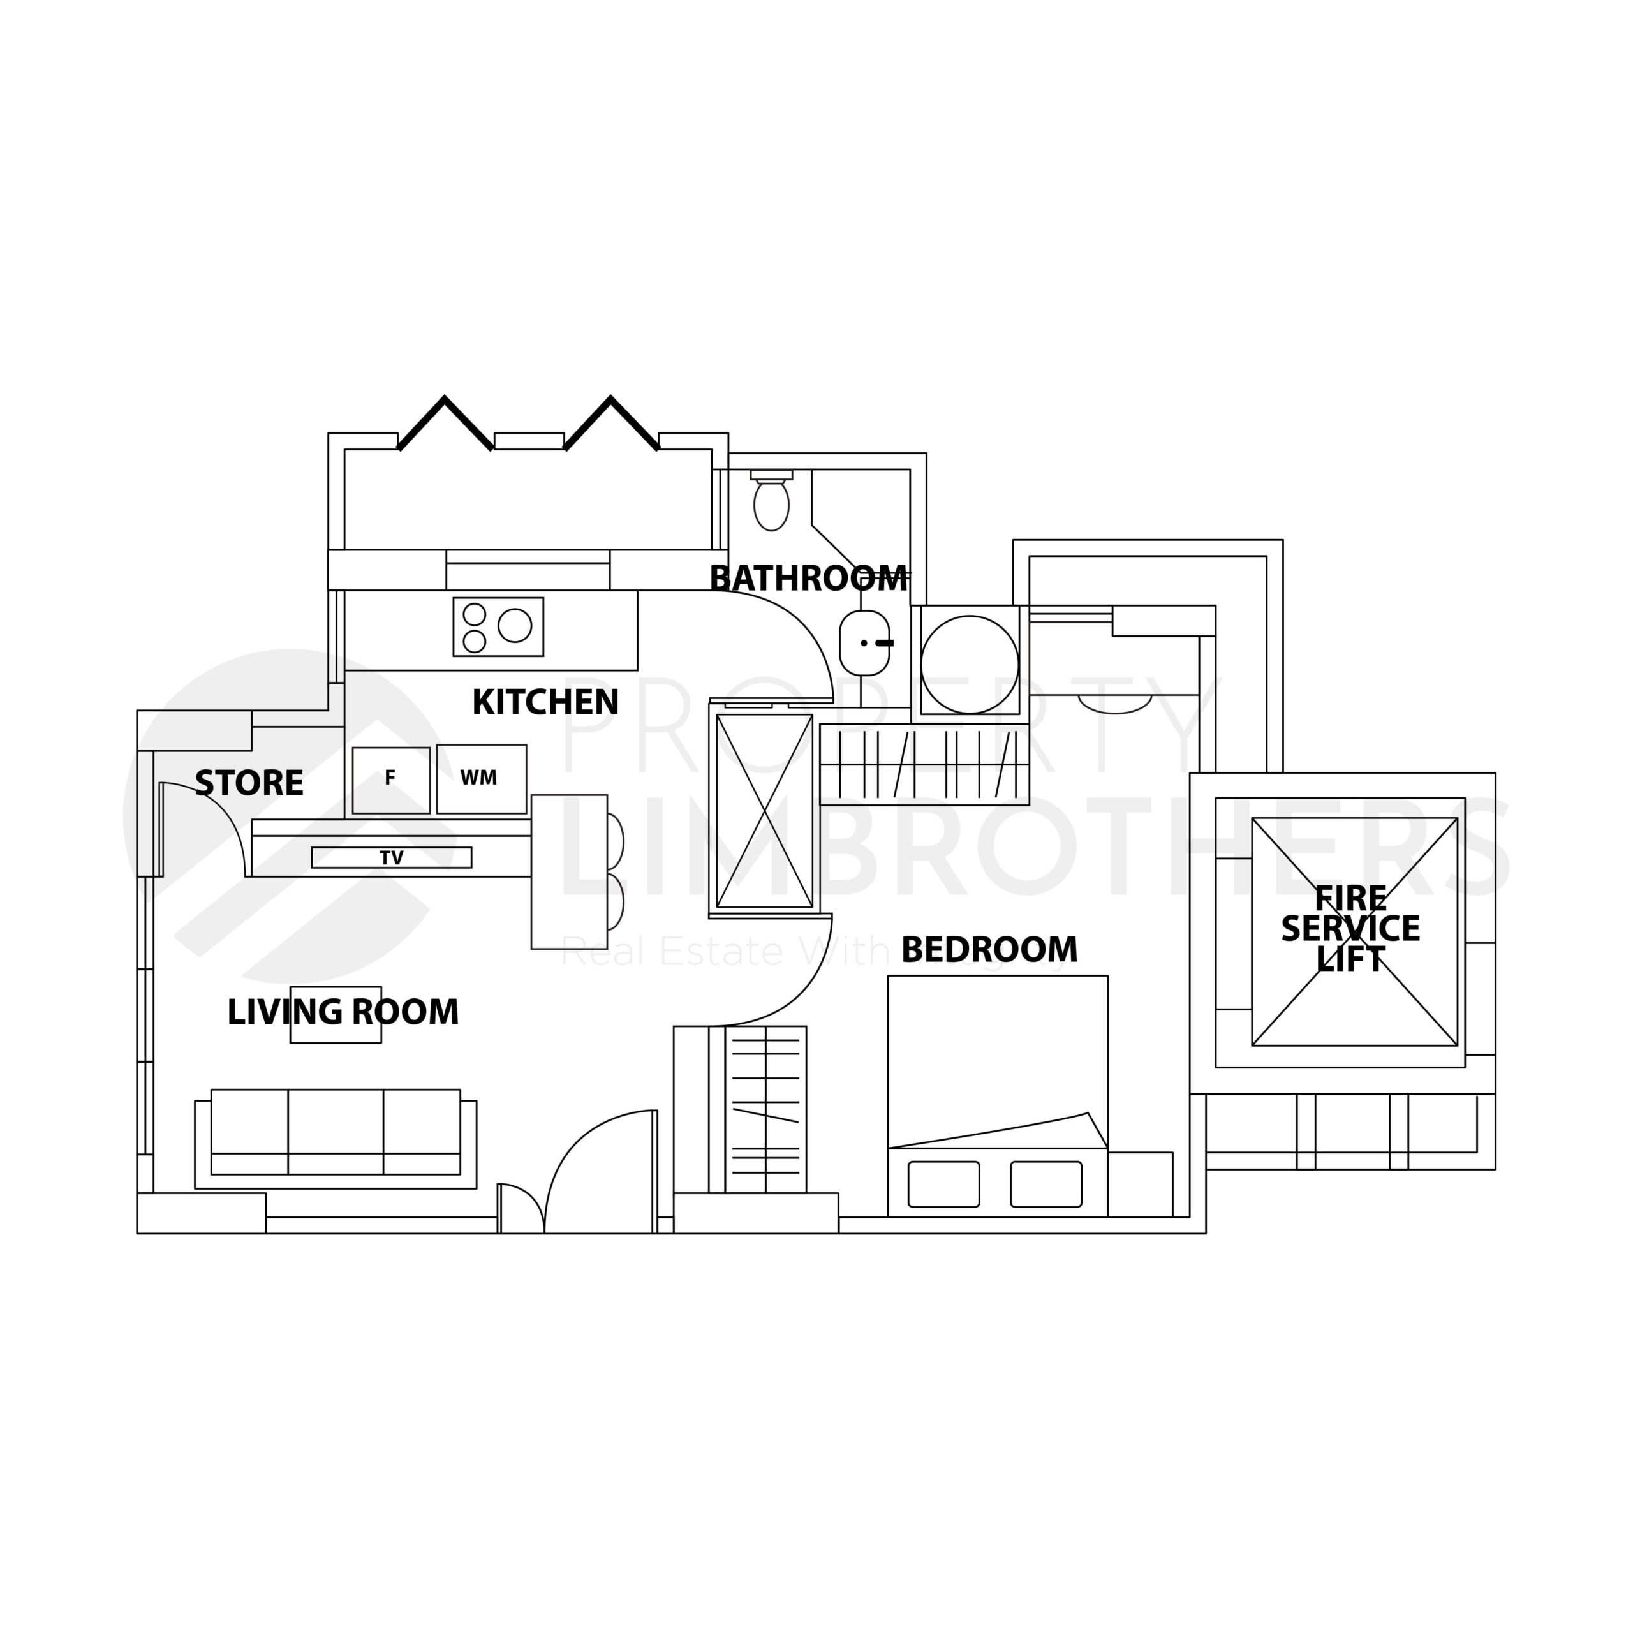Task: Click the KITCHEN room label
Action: click(x=545, y=702)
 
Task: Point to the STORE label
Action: click(x=249, y=783)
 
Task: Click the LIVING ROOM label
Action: click(x=343, y=1012)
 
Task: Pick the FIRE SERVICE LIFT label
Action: click(x=1350, y=928)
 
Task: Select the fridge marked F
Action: click(x=390, y=780)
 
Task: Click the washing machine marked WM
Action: click(x=482, y=778)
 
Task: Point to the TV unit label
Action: click(x=391, y=858)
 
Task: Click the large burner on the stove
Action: click(x=515, y=626)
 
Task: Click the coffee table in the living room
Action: click(x=336, y=1015)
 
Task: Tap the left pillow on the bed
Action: click(x=943, y=1184)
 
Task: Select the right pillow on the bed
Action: click(x=1046, y=1184)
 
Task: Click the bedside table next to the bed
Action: click(x=1140, y=1184)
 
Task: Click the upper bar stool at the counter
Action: click(x=616, y=841)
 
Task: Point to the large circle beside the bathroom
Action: click(x=970, y=664)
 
